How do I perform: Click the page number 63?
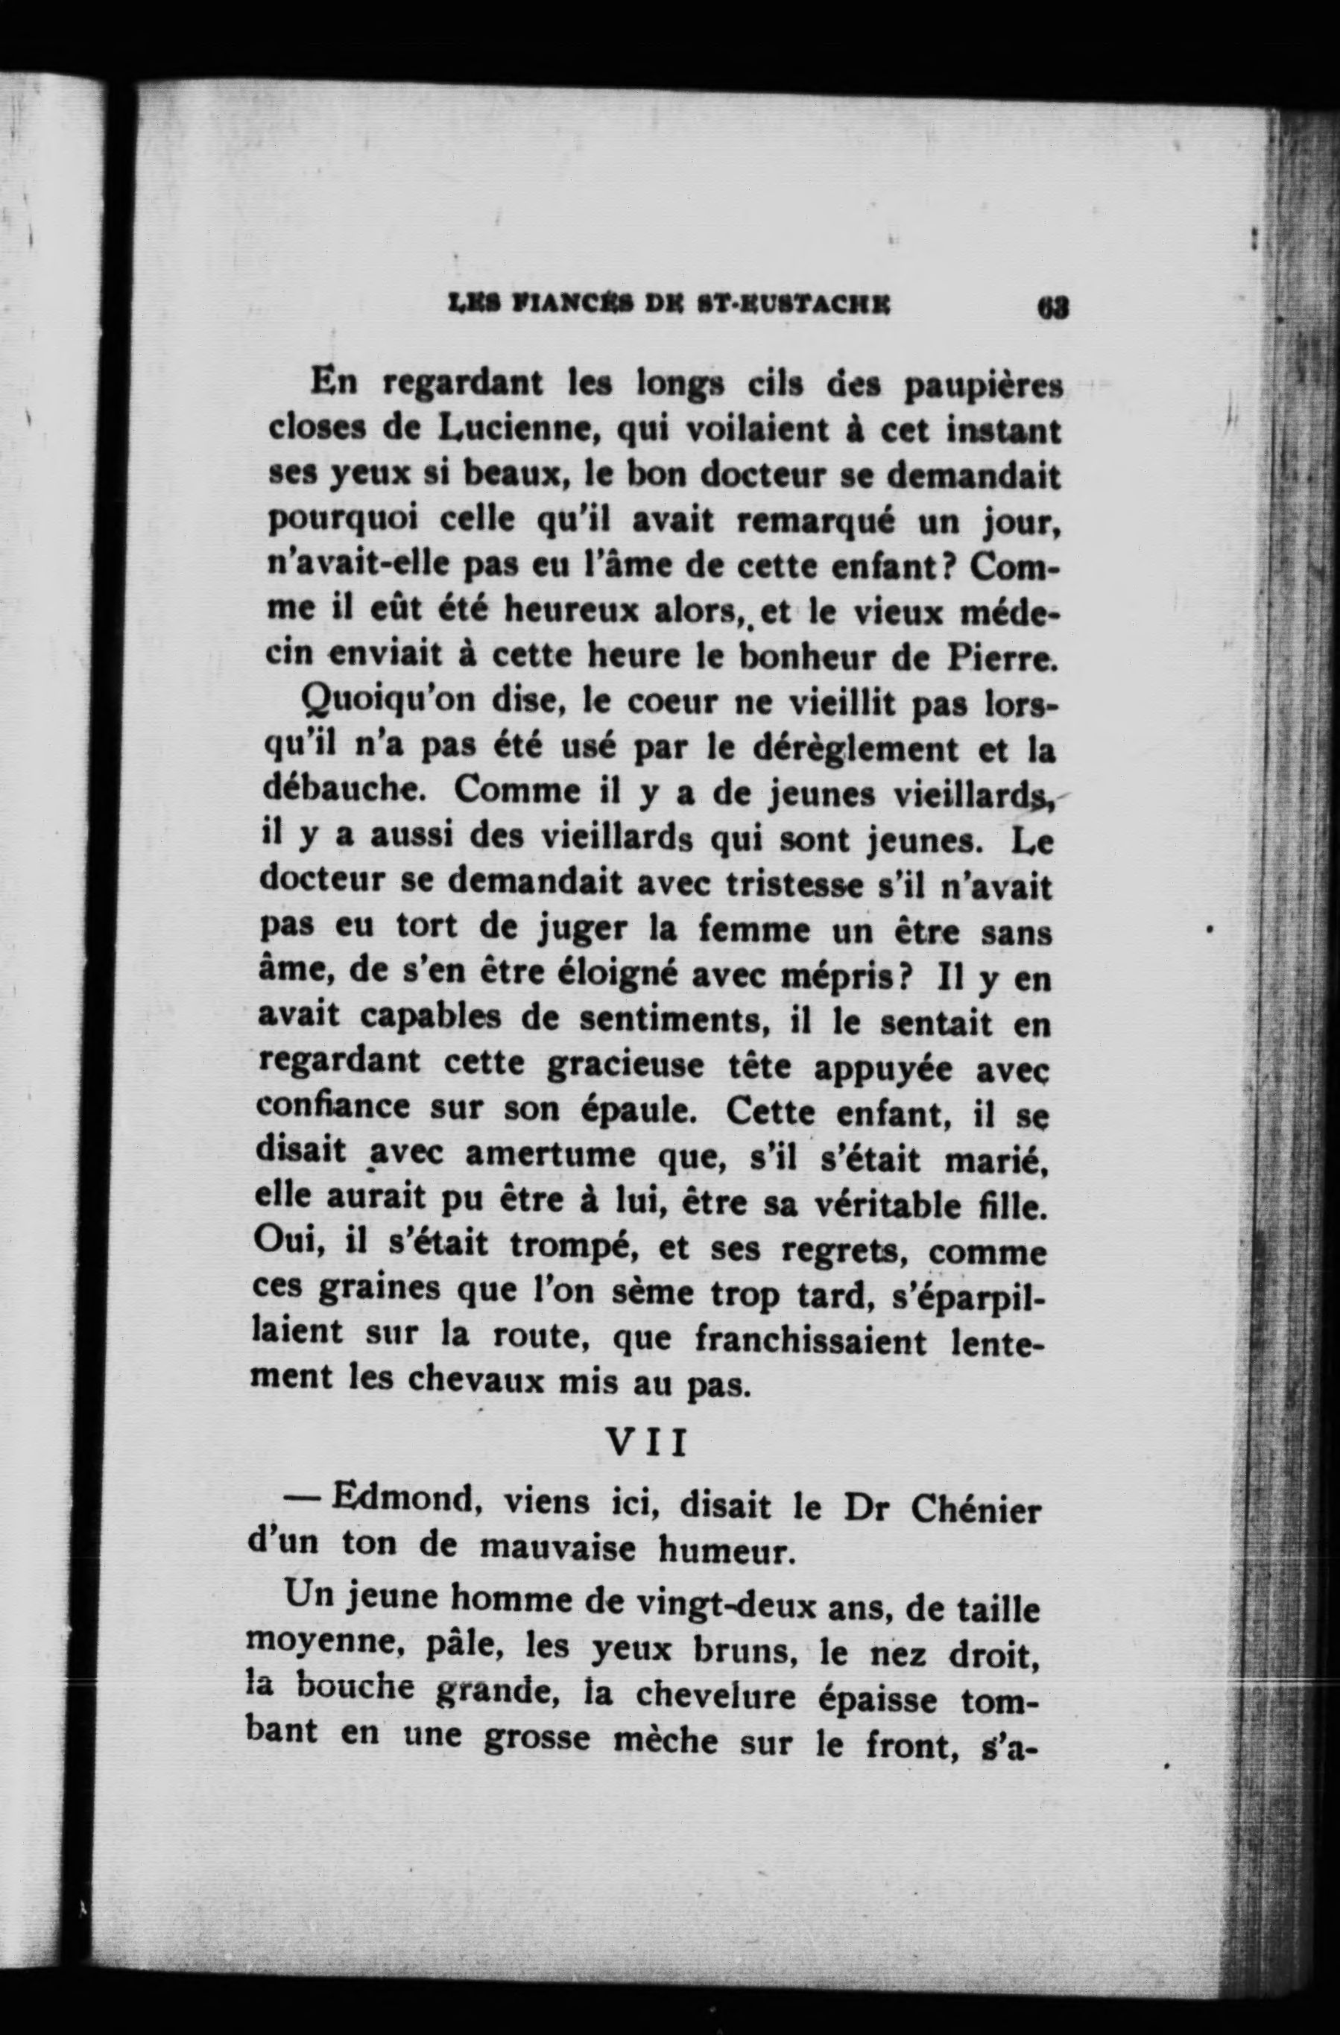tap(1051, 306)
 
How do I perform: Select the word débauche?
tap(341, 789)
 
